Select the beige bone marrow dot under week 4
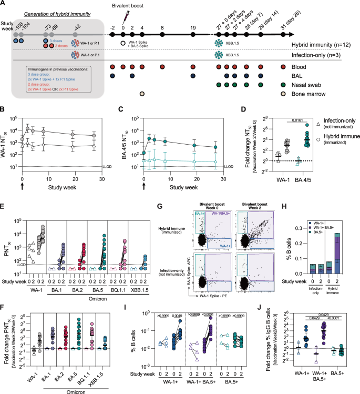(x=142, y=94)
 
